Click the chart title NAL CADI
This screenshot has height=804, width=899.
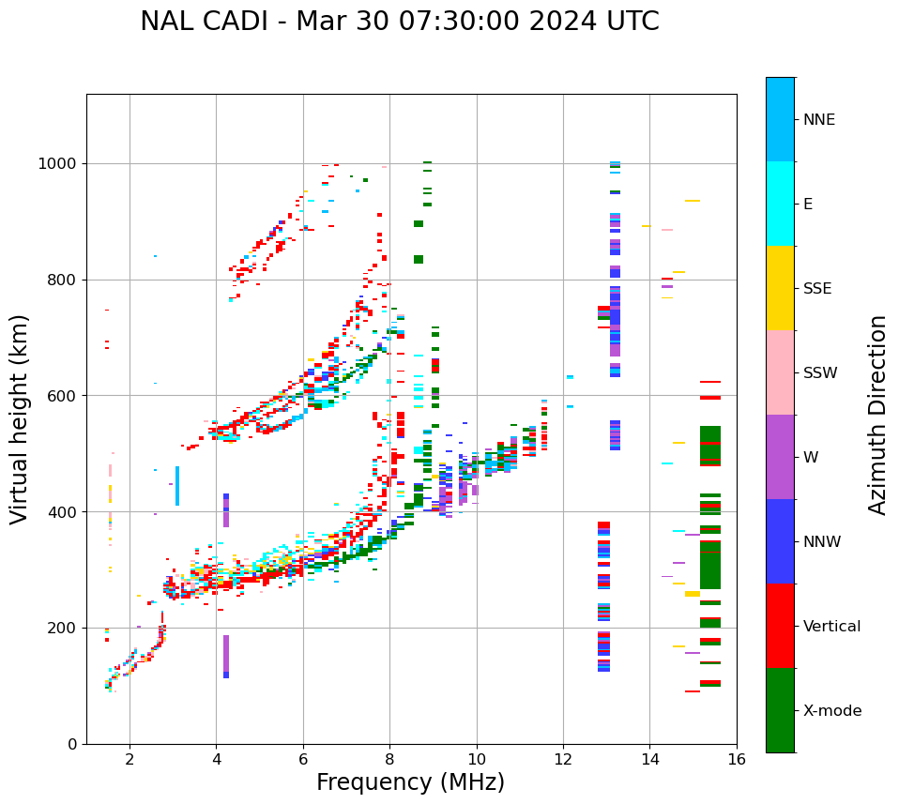pos(399,22)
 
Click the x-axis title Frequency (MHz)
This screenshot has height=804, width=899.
pos(410,782)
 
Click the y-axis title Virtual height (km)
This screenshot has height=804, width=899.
pos(20,418)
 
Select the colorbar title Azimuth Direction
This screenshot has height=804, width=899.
pos(877,415)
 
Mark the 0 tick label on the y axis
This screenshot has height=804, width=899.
pos(72,744)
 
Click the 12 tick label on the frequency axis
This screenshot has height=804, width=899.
pos(563,759)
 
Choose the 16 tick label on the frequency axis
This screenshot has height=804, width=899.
pos(737,759)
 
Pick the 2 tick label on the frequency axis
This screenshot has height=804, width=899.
pos(130,759)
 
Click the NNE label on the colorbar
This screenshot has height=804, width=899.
pos(818,120)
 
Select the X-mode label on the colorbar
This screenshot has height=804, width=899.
pos(831,711)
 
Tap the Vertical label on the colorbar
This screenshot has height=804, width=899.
pos(831,627)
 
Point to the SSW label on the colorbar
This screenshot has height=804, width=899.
pos(819,373)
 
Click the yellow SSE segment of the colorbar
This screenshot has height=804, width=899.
pos(780,288)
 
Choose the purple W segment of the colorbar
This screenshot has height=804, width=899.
pos(780,457)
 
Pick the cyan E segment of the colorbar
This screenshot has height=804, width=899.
pos(780,204)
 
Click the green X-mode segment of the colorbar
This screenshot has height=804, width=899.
pos(780,710)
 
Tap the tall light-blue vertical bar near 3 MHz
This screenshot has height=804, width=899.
pos(177,486)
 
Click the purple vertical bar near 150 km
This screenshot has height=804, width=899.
pos(226,654)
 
